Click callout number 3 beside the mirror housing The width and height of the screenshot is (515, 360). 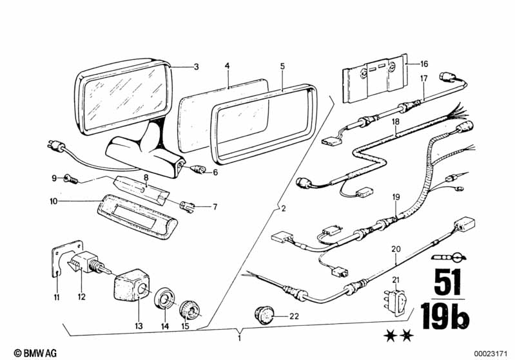pos(196,67)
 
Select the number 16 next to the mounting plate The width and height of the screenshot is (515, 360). pos(423,64)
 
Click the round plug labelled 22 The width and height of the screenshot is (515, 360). pos(264,315)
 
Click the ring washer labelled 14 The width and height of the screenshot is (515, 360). pos(164,299)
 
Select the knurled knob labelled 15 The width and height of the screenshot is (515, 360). pos(190,311)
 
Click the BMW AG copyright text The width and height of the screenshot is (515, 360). pos(35,353)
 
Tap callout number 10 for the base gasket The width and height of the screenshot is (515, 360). pos(53,201)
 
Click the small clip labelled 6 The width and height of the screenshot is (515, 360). pos(199,170)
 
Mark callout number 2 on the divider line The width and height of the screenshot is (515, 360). pos(284,208)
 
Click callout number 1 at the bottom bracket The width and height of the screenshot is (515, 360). pos(239,337)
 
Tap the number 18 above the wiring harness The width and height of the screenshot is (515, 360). pos(396,122)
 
